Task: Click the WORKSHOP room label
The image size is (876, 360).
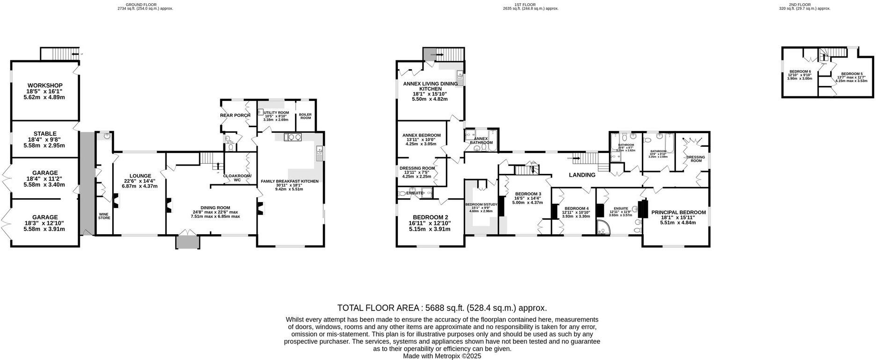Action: click(45, 86)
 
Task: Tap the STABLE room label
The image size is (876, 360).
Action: click(45, 134)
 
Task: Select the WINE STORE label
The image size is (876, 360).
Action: click(104, 216)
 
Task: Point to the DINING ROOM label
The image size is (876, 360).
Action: click(215, 208)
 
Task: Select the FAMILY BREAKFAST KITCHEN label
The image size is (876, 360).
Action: click(289, 181)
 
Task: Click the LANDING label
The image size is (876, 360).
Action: click(582, 175)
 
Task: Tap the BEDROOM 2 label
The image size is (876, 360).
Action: click(430, 217)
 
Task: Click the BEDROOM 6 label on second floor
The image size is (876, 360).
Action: click(800, 72)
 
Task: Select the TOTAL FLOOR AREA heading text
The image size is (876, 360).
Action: click(442, 308)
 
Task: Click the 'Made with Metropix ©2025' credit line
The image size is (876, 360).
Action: click(442, 356)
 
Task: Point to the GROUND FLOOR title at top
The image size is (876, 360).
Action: click(145, 5)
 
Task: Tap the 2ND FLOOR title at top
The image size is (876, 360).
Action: click(812, 5)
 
